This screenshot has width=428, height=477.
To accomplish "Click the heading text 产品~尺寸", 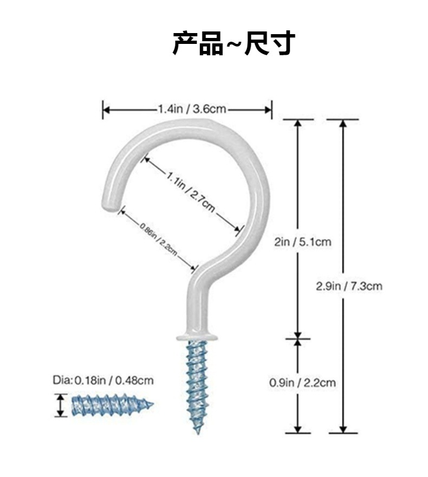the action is pos(233,43).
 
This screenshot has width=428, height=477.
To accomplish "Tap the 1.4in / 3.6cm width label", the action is pos(192,109).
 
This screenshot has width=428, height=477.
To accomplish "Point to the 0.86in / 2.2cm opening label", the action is pos(158,240).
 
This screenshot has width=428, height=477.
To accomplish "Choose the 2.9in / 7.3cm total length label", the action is pos(349,286).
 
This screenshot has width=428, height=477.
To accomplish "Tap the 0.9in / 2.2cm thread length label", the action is pos(302,383).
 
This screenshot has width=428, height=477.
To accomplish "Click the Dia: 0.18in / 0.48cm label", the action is pos(103,380).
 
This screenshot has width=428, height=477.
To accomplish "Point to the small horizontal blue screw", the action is pos(111,404).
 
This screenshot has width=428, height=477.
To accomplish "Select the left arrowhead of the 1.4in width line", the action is pos(106,109).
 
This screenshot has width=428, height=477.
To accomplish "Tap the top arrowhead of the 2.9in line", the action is pos(343,123).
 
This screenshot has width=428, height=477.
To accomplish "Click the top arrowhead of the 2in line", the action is pos(297,123).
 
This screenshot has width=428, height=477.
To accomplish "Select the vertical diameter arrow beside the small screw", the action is pos(60,405).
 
